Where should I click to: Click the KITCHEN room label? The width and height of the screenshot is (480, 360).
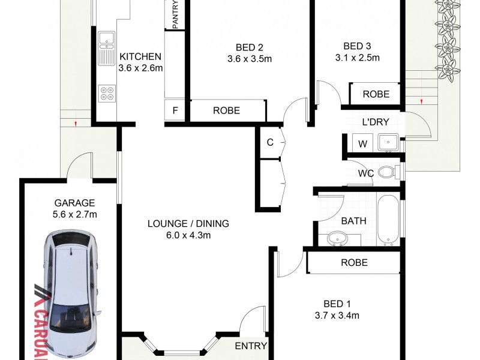[140, 56]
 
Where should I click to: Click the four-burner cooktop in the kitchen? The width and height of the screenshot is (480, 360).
[107, 93]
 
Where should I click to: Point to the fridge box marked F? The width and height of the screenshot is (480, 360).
[175, 111]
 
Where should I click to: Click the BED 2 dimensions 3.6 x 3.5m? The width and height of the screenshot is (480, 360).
[250, 59]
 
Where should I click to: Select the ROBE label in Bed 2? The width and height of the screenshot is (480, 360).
[226, 110]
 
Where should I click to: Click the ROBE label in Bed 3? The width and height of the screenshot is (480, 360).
[376, 94]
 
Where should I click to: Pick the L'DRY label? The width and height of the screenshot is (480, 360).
[372, 122]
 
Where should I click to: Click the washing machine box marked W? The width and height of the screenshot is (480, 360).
[362, 144]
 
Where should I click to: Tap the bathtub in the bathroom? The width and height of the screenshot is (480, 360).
[389, 220]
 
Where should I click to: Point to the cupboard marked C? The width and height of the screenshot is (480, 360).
[270, 142]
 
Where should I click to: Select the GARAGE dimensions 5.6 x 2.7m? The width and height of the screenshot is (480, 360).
[74, 214]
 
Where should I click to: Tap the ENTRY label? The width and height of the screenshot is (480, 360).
[251, 346]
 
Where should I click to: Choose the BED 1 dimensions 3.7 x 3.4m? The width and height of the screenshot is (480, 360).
[337, 316]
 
